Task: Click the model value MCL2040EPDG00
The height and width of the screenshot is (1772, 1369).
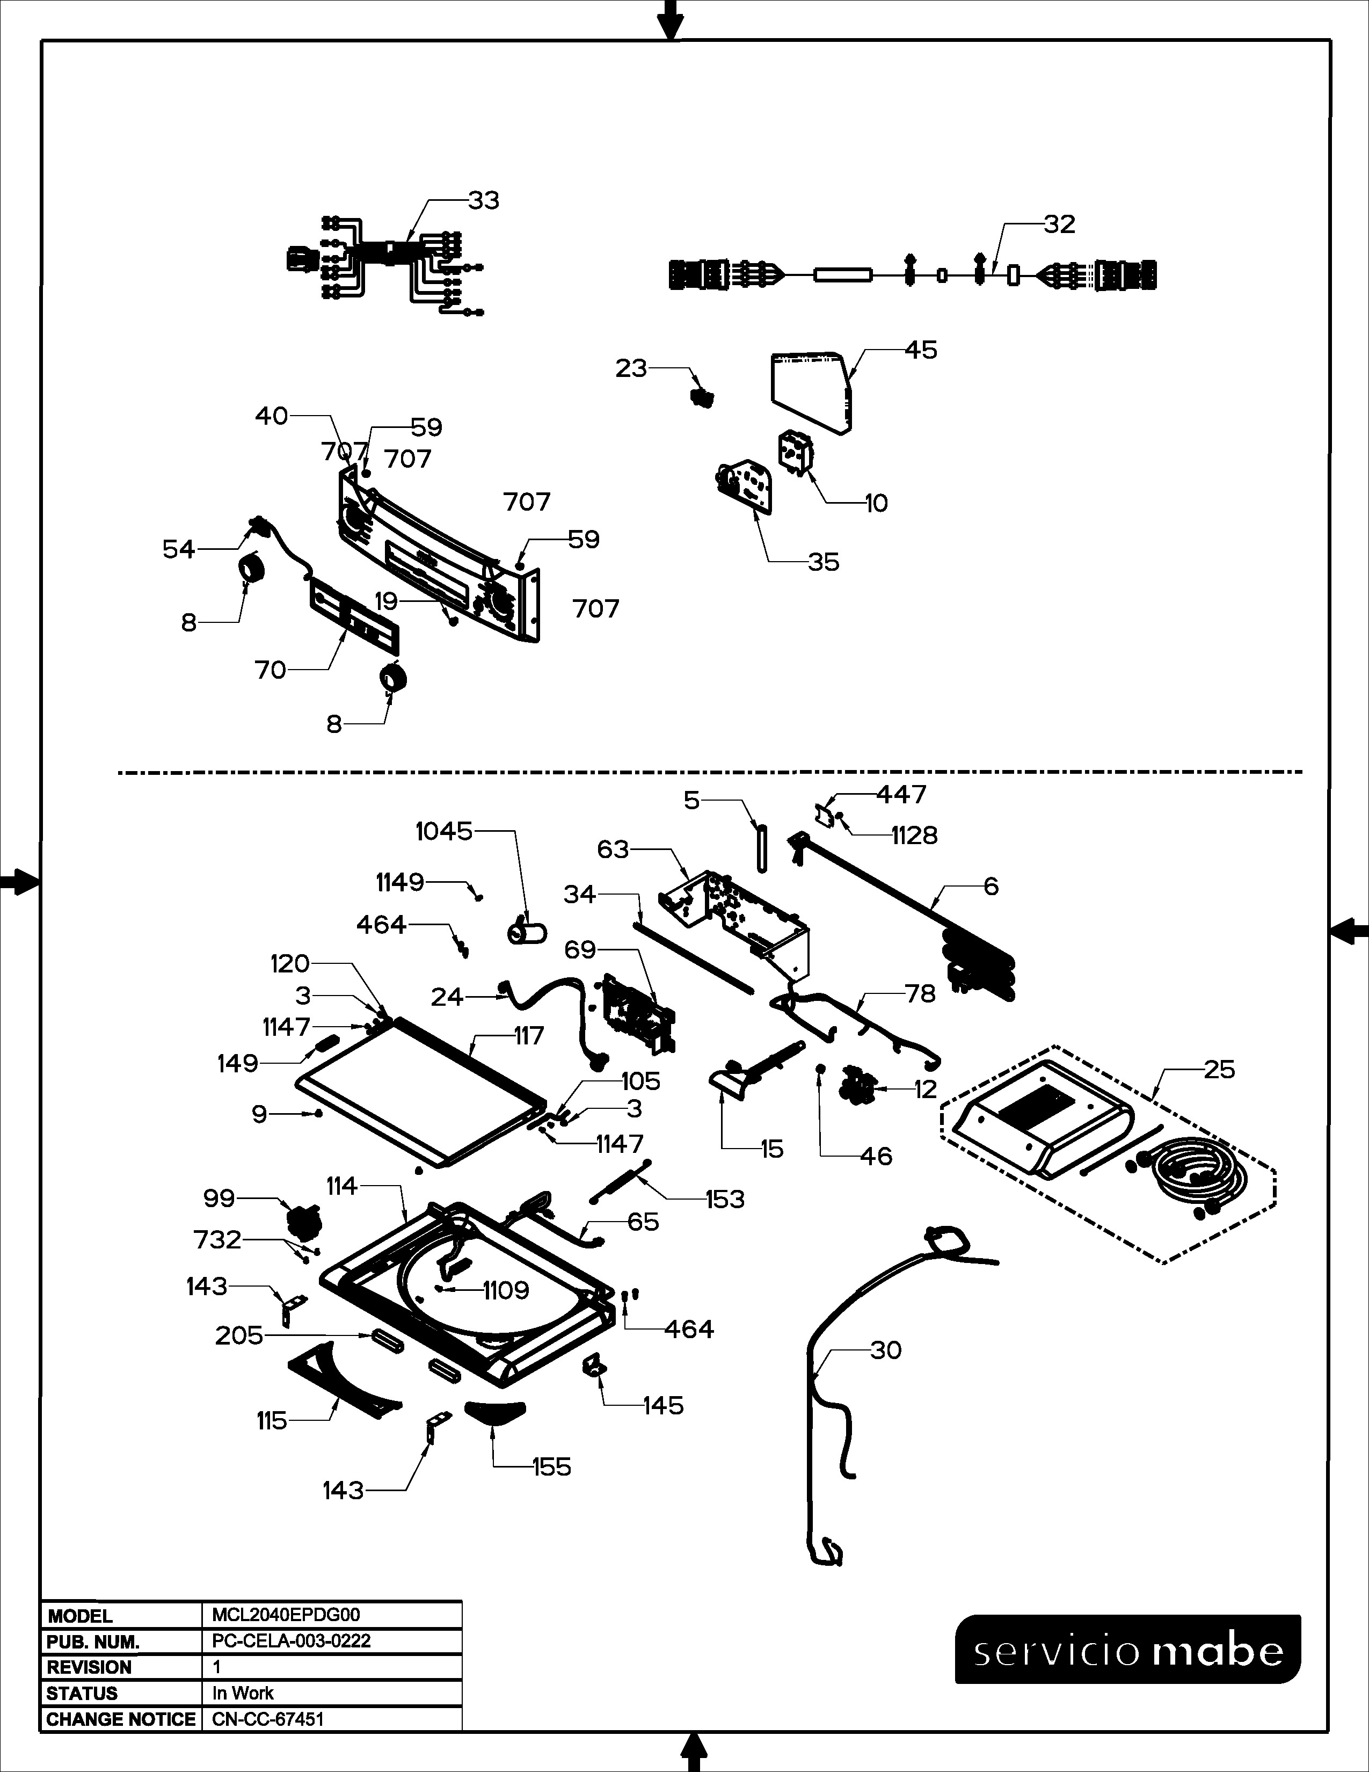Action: tap(286, 1615)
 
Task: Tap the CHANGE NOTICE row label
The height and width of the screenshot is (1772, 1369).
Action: tap(121, 1719)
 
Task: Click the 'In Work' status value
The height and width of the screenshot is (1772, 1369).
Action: tap(243, 1693)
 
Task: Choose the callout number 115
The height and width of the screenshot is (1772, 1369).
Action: tap(272, 1421)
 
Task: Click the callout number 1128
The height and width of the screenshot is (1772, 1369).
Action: tap(914, 836)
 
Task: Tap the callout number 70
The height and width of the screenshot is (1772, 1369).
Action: tap(270, 670)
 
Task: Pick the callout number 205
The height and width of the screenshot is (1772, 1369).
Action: tap(239, 1335)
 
